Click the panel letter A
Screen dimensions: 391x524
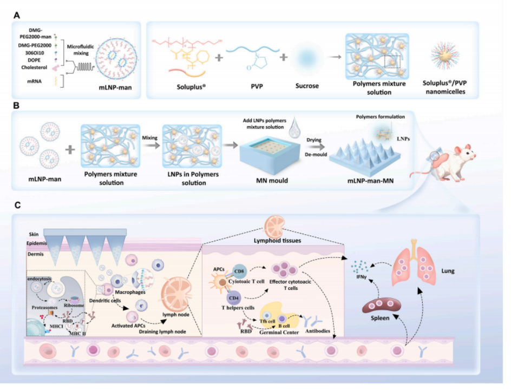tap(17, 16)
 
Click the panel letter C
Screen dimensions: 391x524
tap(17, 206)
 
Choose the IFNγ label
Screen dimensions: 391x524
tap(359, 276)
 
